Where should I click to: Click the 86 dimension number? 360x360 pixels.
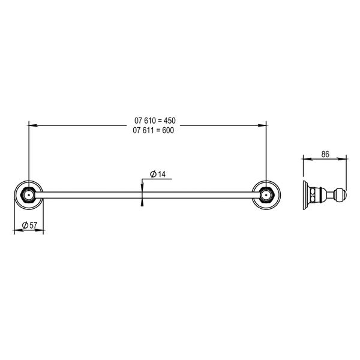coord(325,154)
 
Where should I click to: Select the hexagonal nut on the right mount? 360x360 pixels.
coord(266,194)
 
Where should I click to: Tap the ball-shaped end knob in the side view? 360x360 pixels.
coord(341,194)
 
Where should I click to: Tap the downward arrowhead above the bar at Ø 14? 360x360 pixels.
coord(142,187)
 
